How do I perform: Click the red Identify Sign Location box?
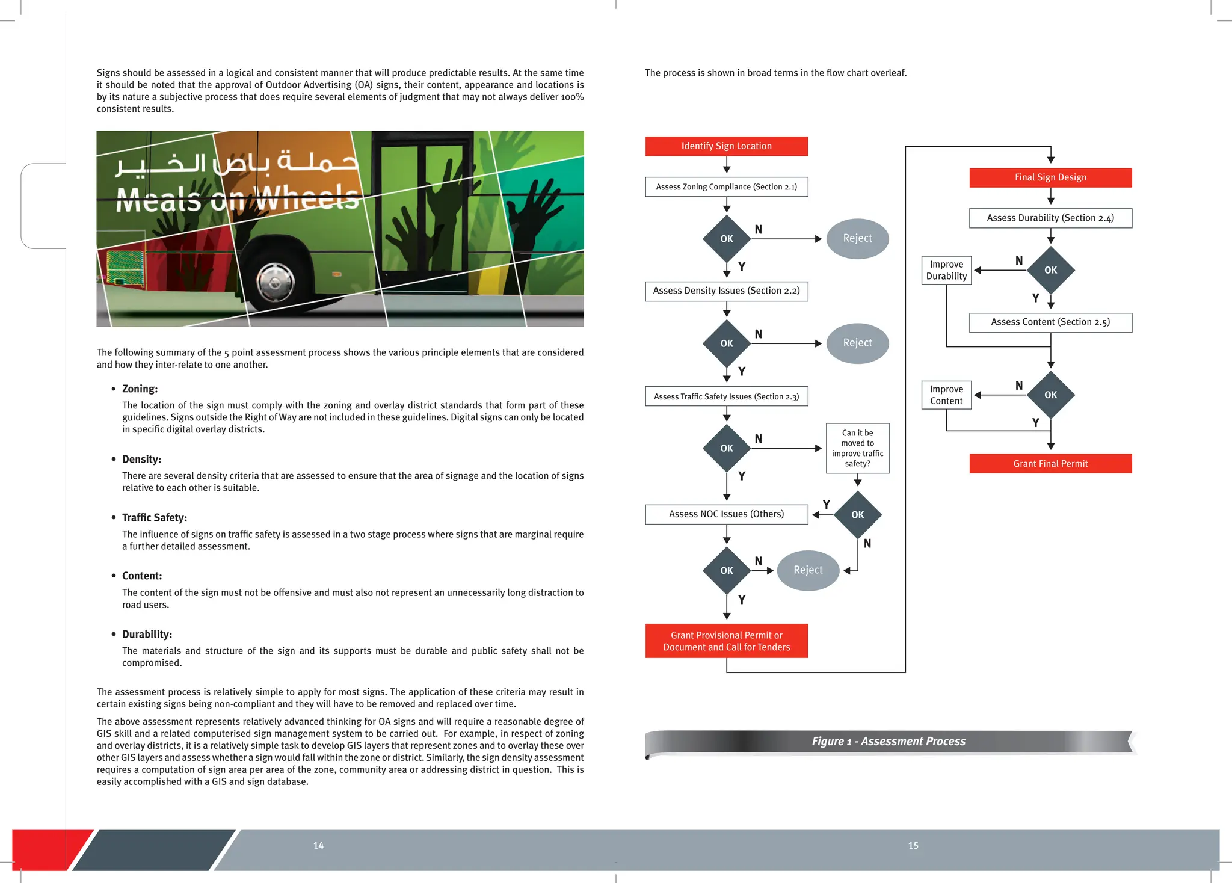tap(726, 146)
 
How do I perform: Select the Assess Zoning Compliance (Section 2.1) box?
tap(726, 187)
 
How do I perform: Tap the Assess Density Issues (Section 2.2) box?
tap(726, 291)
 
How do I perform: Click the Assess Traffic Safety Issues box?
tap(726, 396)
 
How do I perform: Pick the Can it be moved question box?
tap(857, 448)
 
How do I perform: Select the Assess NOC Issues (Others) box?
tap(726, 514)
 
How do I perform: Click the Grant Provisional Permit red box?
tap(726, 641)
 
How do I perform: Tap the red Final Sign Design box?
tap(1050, 177)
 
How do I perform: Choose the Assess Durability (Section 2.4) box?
tap(1050, 218)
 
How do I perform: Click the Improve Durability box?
tap(946, 270)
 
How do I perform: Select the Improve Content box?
tap(946, 395)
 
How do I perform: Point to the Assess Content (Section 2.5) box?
tap(1050, 322)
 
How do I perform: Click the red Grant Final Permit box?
tap(1050, 464)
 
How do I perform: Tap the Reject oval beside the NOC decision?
tap(808, 570)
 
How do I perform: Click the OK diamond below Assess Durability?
tap(1050, 270)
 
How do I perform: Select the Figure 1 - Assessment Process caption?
tap(889, 742)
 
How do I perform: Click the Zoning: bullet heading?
tap(140, 389)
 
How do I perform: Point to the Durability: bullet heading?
tap(147, 635)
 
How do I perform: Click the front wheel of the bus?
tap(276, 282)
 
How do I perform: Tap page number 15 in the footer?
tap(913, 846)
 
